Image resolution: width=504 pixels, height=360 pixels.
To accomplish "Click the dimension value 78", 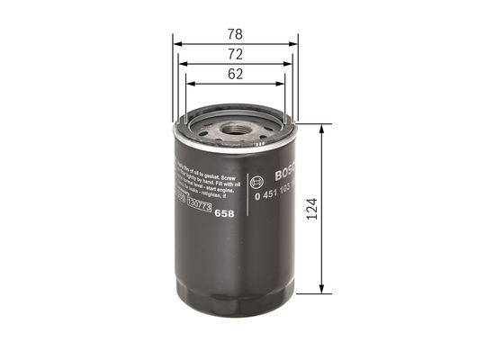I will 235,33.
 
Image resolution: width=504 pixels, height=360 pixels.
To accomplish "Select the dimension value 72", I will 235,55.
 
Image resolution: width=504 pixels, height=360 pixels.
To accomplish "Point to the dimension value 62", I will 235,76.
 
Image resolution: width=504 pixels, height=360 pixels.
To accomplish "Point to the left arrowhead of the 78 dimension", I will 176,42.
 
